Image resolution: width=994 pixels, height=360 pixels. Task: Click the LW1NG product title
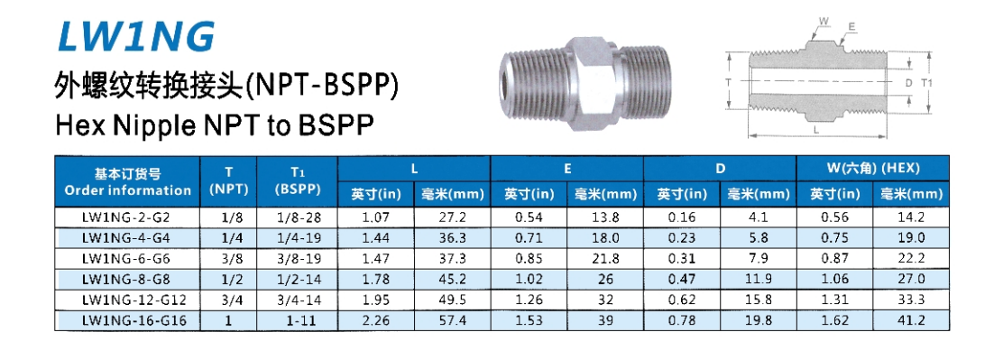pyautogui.click(x=136, y=35)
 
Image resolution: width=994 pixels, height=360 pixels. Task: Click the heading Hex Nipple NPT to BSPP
pyautogui.click(x=214, y=125)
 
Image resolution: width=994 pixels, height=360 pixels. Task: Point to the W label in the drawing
pyautogui.click(x=824, y=21)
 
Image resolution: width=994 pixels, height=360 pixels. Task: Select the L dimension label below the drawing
pyautogui.click(x=816, y=129)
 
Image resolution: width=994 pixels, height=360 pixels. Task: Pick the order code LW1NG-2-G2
pyautogui.click(x=127, y=217)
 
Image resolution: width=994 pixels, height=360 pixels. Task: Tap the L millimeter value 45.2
pyautogui.click(x=453, y=280)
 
